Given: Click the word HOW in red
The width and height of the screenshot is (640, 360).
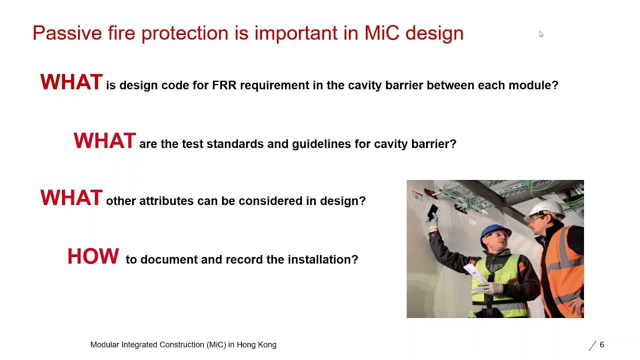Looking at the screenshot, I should point(93,256).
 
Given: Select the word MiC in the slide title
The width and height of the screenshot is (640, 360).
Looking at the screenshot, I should point(381,33).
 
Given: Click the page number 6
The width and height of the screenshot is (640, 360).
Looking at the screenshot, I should point(601,344).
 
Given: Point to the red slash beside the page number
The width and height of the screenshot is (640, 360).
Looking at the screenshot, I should point(592,345).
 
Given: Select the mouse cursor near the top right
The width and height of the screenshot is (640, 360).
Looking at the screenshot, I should point(540,34).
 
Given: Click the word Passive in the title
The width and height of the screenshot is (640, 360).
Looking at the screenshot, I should point(67,33).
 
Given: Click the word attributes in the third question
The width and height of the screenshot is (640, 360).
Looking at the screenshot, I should point(166,201).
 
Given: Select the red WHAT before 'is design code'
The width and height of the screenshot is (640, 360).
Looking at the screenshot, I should point(71,82).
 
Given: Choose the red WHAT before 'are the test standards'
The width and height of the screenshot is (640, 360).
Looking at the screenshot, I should point(104,141).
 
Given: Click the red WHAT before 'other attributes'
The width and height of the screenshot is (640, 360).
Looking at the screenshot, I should point(71,198).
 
